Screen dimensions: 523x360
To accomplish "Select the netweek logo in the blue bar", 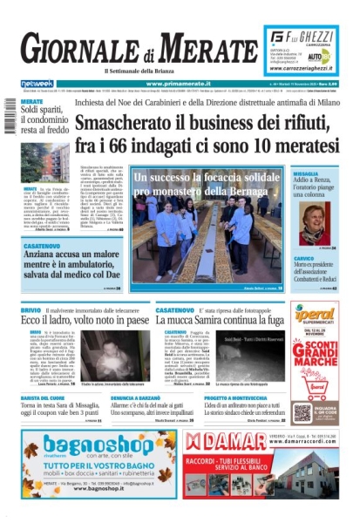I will pyautogui.click(x=37, y=84).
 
